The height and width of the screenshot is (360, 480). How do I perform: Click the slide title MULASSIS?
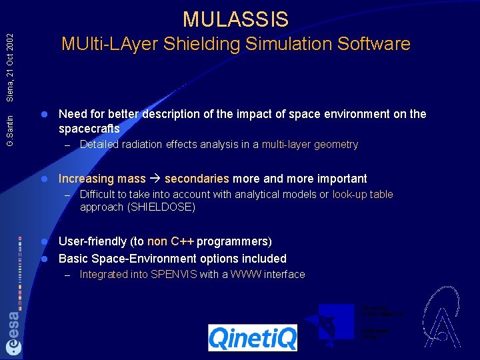pos(235,19)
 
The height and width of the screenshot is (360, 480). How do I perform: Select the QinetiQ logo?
pos(252,337)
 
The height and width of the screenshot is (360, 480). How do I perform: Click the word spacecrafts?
pos(89,129)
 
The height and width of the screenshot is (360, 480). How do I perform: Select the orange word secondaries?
pos(197,179)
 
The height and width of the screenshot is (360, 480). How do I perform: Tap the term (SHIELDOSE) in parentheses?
pos(161,207)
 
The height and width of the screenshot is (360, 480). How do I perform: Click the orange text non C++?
pos(171,241)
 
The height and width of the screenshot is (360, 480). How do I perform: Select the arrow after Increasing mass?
pos(155,179)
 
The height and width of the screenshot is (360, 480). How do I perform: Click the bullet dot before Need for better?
pos(45,114)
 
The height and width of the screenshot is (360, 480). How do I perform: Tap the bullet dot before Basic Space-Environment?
pos(45,259)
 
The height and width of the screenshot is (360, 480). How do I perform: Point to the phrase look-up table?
pos(363,195)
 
